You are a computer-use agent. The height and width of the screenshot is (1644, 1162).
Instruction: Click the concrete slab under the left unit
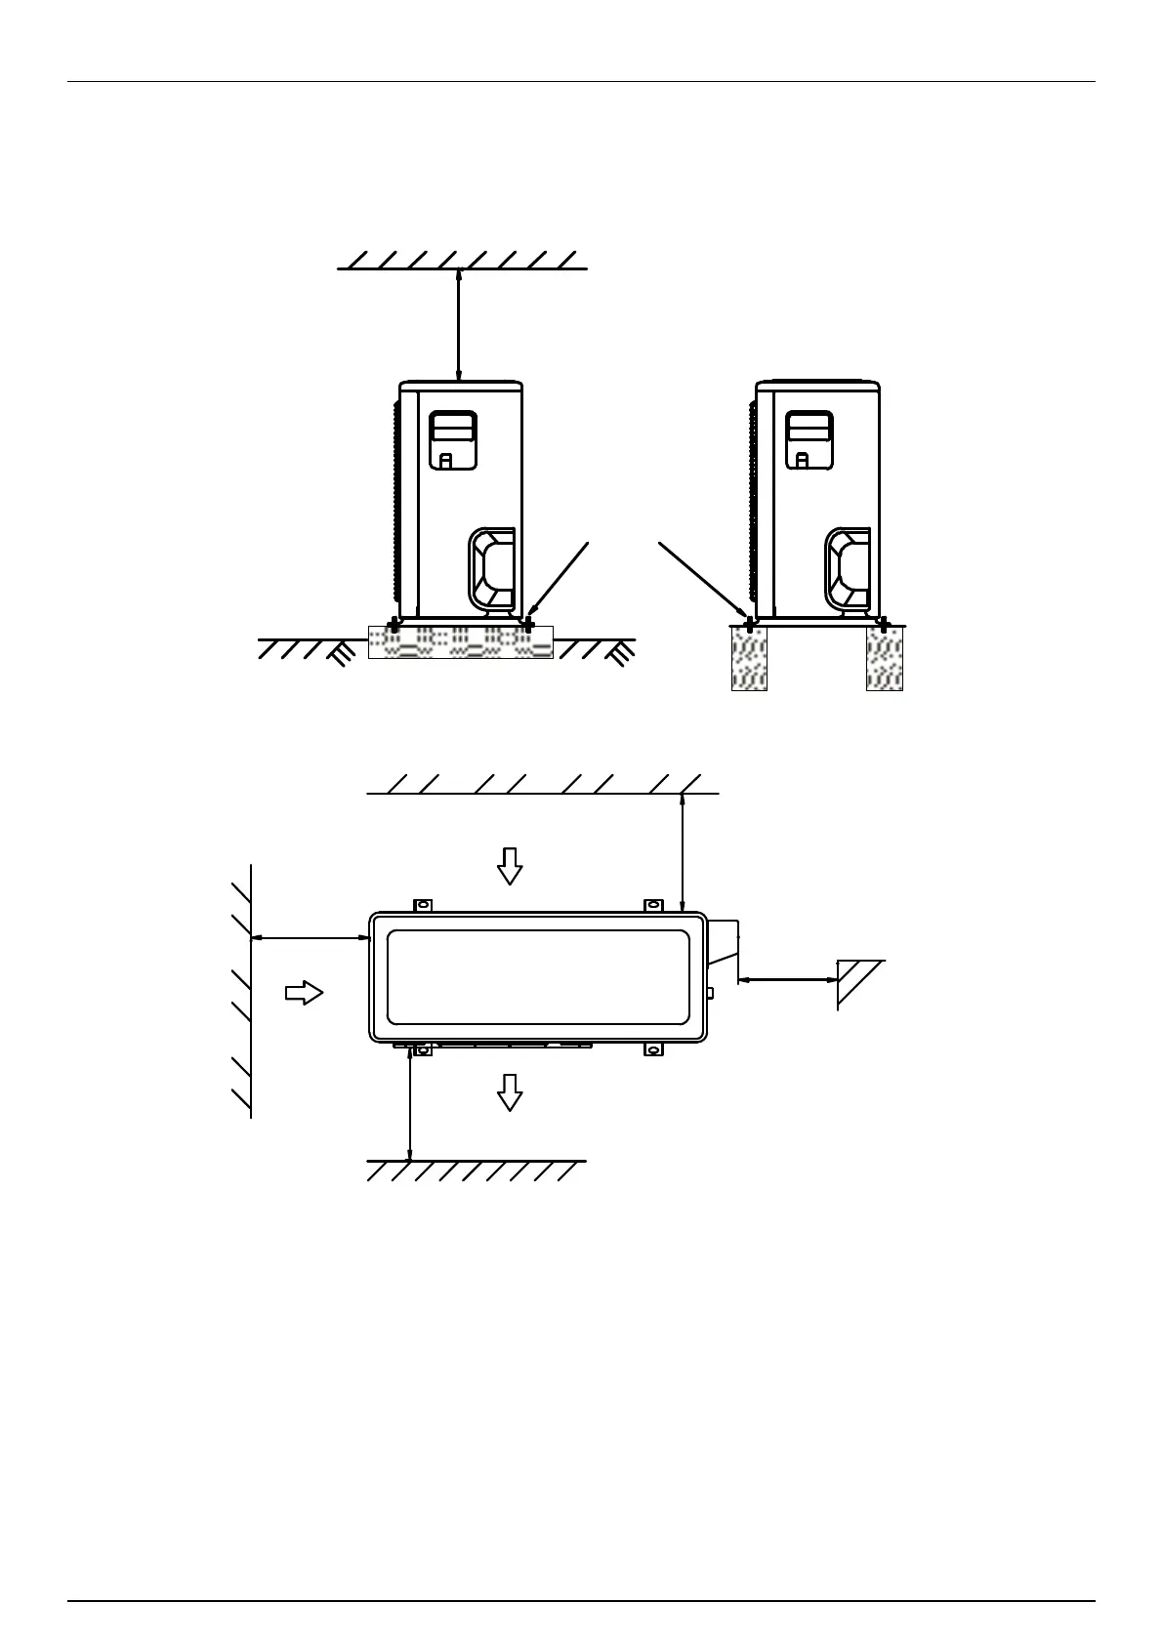(x=460, y=642)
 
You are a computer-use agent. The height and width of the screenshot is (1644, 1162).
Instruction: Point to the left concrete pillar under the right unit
(x=749, y=659)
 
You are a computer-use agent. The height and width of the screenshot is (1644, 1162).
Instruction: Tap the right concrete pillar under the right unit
(x=884, y=659)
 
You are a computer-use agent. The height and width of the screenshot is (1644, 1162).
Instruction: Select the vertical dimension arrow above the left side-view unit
(x=459, y=325)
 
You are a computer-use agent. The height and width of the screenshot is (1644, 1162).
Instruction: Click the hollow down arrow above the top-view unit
(x=509, y=865)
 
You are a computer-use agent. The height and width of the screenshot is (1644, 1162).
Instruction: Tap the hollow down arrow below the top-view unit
(x=509, y=1091)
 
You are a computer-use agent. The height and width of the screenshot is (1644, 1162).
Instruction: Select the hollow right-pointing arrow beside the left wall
(x=304, y=993)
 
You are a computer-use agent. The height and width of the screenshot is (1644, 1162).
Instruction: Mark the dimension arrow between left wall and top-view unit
(x=310, y=938)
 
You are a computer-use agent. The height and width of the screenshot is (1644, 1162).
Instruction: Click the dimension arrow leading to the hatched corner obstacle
(x=787, y=980)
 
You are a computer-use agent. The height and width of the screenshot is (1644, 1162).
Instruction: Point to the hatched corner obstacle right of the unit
(x=856, y=982)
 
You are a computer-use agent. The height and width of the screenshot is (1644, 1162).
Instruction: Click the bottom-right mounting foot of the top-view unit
(x=652, y=1050)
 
